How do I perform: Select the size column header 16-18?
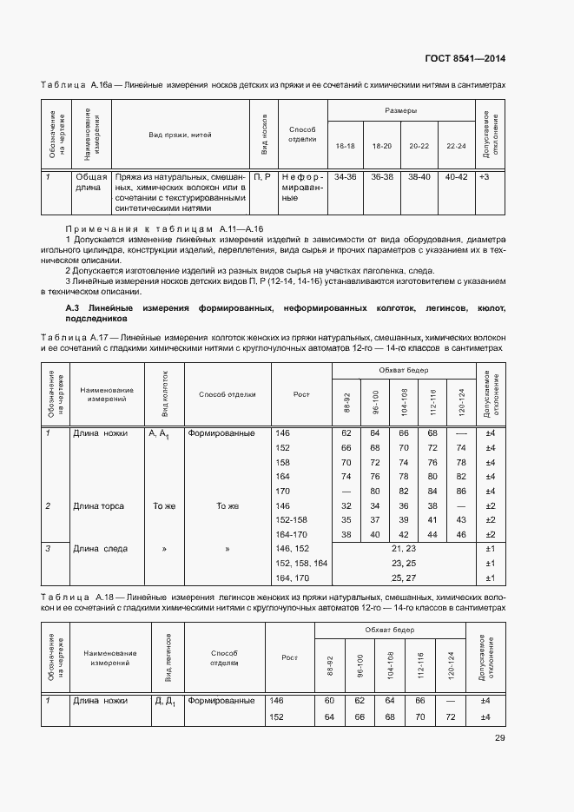click(x=345, y=146)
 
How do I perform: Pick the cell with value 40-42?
click(x=456, y=176)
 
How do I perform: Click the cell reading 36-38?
click(x=382, y=176)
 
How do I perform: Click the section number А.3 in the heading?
click(x=74, y=308)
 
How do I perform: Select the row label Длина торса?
click(x=98, y=505)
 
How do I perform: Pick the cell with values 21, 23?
click(x=404, y=549)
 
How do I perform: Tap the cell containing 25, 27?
click(x=404, y=578)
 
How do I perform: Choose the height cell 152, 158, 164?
click(x=300, y=564)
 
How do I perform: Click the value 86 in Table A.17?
click(x=461, y=491)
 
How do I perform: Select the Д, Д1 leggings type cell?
click(x=166, y=701)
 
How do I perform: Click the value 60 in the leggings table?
click(x=329, y=700)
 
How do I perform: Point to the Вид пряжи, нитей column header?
click(x=181, y=135)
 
